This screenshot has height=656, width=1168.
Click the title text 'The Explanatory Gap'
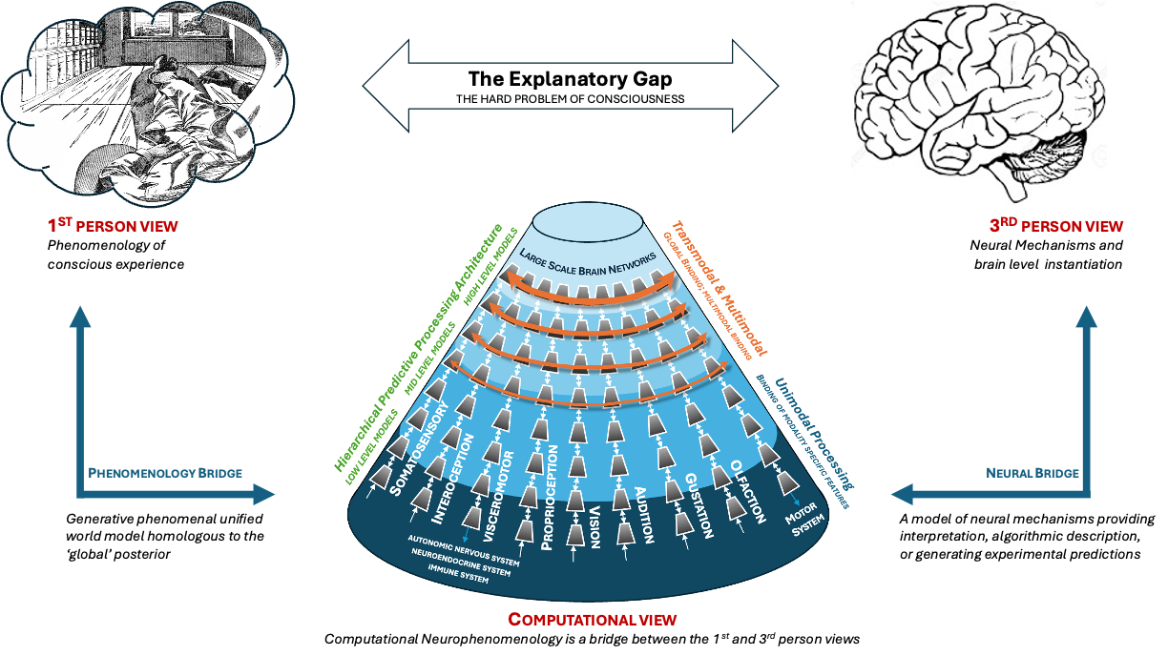click(571, 78)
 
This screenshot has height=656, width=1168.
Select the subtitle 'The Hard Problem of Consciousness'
click(571, 98)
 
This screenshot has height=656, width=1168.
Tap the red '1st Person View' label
click(114, 226)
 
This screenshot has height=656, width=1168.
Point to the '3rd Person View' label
click(1056, 226)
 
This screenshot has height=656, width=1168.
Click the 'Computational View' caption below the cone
click(593, 620)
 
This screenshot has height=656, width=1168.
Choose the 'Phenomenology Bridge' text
click(165, 473)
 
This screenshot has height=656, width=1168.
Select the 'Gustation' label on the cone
click(699, 504)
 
